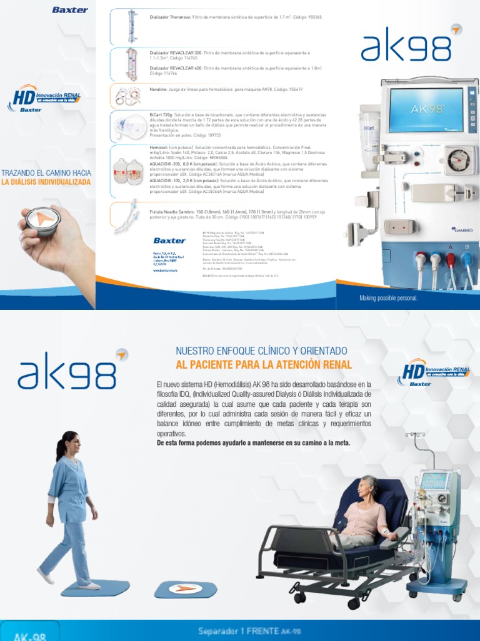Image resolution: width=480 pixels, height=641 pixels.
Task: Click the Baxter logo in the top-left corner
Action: tap(70, 10)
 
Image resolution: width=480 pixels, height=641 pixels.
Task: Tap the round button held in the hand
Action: tap(43, 222)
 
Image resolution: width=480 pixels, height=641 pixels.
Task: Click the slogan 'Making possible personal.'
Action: tap(388, 298)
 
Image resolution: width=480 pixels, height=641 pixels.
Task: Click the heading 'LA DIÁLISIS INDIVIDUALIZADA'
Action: tap(46, 182)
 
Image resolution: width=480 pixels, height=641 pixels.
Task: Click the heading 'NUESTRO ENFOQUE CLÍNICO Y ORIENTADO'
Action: tap(261, 351)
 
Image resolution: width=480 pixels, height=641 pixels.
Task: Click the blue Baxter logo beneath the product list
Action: tap(169, 240)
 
